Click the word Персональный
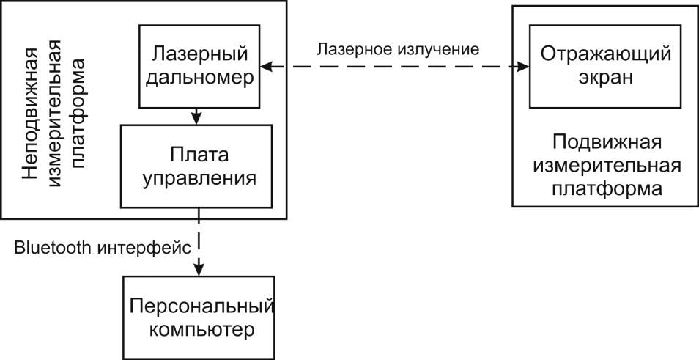tap(199, 305)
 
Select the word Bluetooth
tap(51, 247)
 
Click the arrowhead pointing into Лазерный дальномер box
tap(267, 67)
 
